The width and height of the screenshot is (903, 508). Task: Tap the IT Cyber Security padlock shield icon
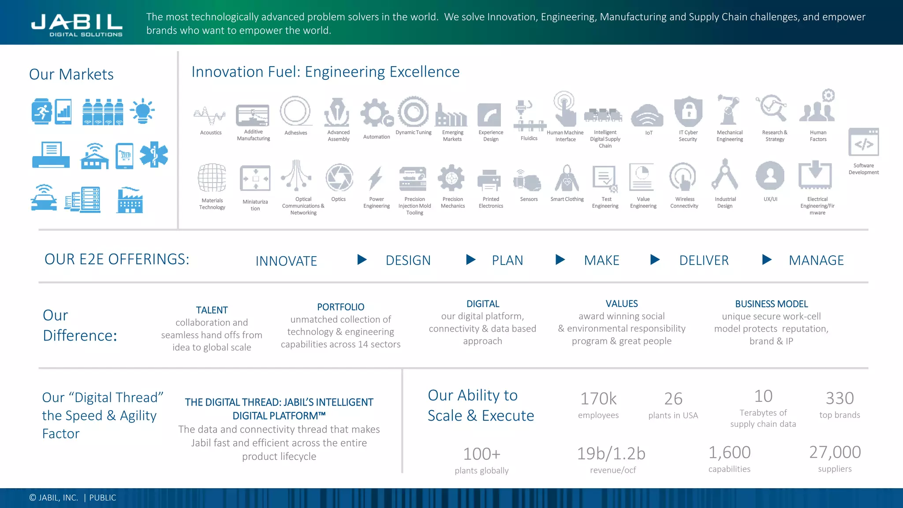point(688,112)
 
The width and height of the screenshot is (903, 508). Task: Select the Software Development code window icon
point(863,142)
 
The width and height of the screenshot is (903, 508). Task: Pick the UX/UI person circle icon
point(770,176)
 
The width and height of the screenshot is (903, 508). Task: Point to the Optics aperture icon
point(339,177)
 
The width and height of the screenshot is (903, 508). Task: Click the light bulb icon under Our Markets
point(142,111)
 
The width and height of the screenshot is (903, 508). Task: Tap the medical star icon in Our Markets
point(153,154)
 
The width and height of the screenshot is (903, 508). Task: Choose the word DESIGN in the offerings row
point(408,260)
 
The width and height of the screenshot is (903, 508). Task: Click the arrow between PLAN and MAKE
point(560,259)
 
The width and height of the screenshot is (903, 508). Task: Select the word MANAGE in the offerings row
point(816,260)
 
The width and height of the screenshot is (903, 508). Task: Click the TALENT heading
point(212,310)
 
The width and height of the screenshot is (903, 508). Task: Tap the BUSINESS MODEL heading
point(771,304)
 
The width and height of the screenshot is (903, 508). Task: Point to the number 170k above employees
point(598,399)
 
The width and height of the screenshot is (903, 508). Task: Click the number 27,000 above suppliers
point(835,452)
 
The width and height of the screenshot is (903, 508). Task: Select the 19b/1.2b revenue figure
point(611,453)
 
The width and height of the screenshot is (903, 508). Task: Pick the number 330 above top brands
point(840,398)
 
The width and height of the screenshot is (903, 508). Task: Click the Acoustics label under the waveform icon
point(211,133)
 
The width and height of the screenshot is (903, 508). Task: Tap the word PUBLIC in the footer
point(103,497)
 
